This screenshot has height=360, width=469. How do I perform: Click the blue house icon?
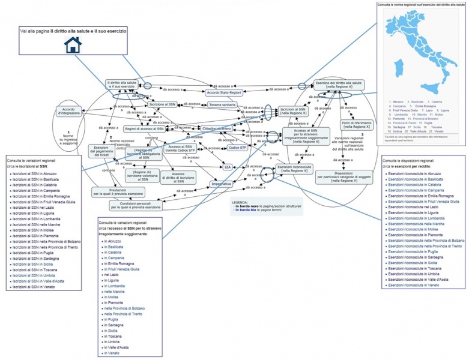(72, 45)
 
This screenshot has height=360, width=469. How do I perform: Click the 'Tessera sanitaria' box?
(222, 104)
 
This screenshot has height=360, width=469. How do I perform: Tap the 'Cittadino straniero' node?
(217, 128)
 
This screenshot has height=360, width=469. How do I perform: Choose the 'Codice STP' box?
(238, 147)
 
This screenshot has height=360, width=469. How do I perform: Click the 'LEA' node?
(228, 166)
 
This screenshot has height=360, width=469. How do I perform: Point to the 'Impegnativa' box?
(221, 184)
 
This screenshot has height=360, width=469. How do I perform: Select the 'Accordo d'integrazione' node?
(69, 111)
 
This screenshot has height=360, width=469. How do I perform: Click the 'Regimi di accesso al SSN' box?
(144, 128)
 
